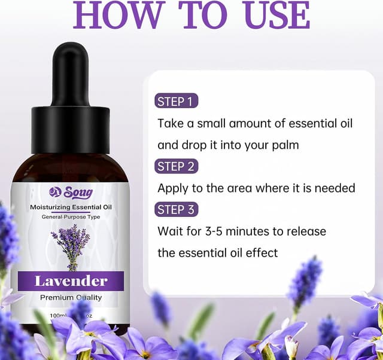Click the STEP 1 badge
point(176,101)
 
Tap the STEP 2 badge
point(176,166)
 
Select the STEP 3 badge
point(176,209)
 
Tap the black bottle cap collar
point(71,129)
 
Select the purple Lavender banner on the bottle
point(71,280)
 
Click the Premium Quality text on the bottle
point(71,297)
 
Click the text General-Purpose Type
point(71,216)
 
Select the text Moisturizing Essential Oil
point(71,207)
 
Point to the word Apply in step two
point(172,188)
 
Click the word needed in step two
point(336,188)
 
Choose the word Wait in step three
point(171,231)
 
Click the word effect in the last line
point(262,253)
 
